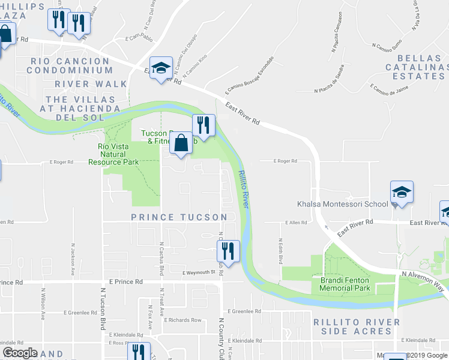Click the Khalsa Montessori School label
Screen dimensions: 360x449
pyautogui.click(x=343, y=204)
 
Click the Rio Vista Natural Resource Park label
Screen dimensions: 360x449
pyautogui.click(x=113, y=154)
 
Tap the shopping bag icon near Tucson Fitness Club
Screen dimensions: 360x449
pyautogui.click(x=181, y=145)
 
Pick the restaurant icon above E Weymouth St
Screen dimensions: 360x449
pyautogui.click(x=228, y=252)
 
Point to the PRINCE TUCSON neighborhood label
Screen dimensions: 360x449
pyautogui.click(x=179, y=217)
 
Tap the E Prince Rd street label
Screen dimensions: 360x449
pyautogui.click(x=126, y=281)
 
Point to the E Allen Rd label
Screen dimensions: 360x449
pyautogui.click(x=295, y=223)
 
